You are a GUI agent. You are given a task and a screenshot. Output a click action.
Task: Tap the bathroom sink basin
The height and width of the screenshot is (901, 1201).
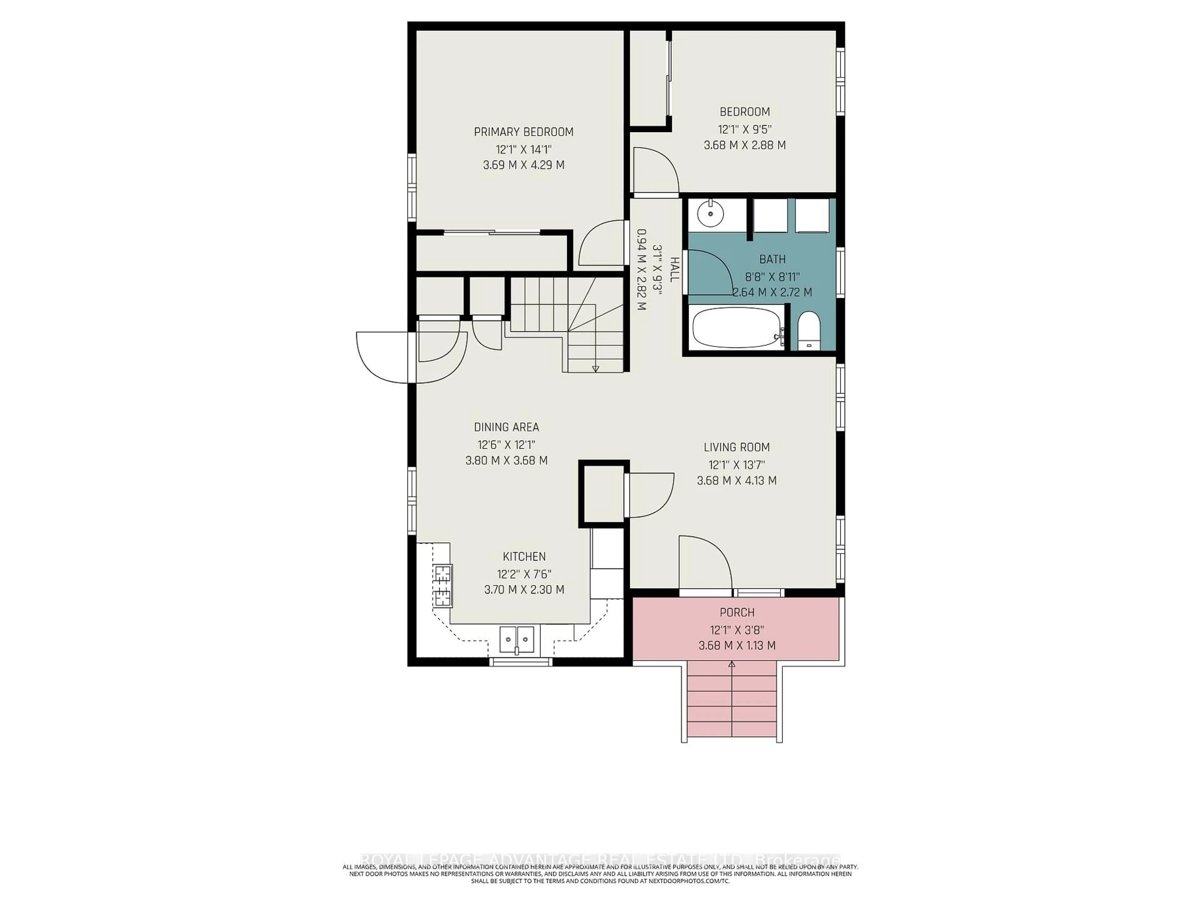click(710, 213)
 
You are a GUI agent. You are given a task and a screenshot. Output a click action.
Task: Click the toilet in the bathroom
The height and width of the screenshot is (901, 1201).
click(809, 331)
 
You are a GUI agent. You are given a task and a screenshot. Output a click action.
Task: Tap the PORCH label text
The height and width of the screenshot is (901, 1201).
click(737, 613)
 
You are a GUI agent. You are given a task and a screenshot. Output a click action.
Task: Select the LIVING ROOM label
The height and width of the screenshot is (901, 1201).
click(736, 447)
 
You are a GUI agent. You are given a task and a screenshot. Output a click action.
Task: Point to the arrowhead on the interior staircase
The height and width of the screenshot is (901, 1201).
click(595, 369)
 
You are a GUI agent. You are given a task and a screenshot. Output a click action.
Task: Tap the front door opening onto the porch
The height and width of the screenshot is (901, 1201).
click(705, 562)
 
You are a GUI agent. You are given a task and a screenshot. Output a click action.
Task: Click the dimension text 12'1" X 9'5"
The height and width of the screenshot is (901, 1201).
click(744, 129)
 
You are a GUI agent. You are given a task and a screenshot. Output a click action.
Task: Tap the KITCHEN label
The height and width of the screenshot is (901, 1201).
click(524, 557)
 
